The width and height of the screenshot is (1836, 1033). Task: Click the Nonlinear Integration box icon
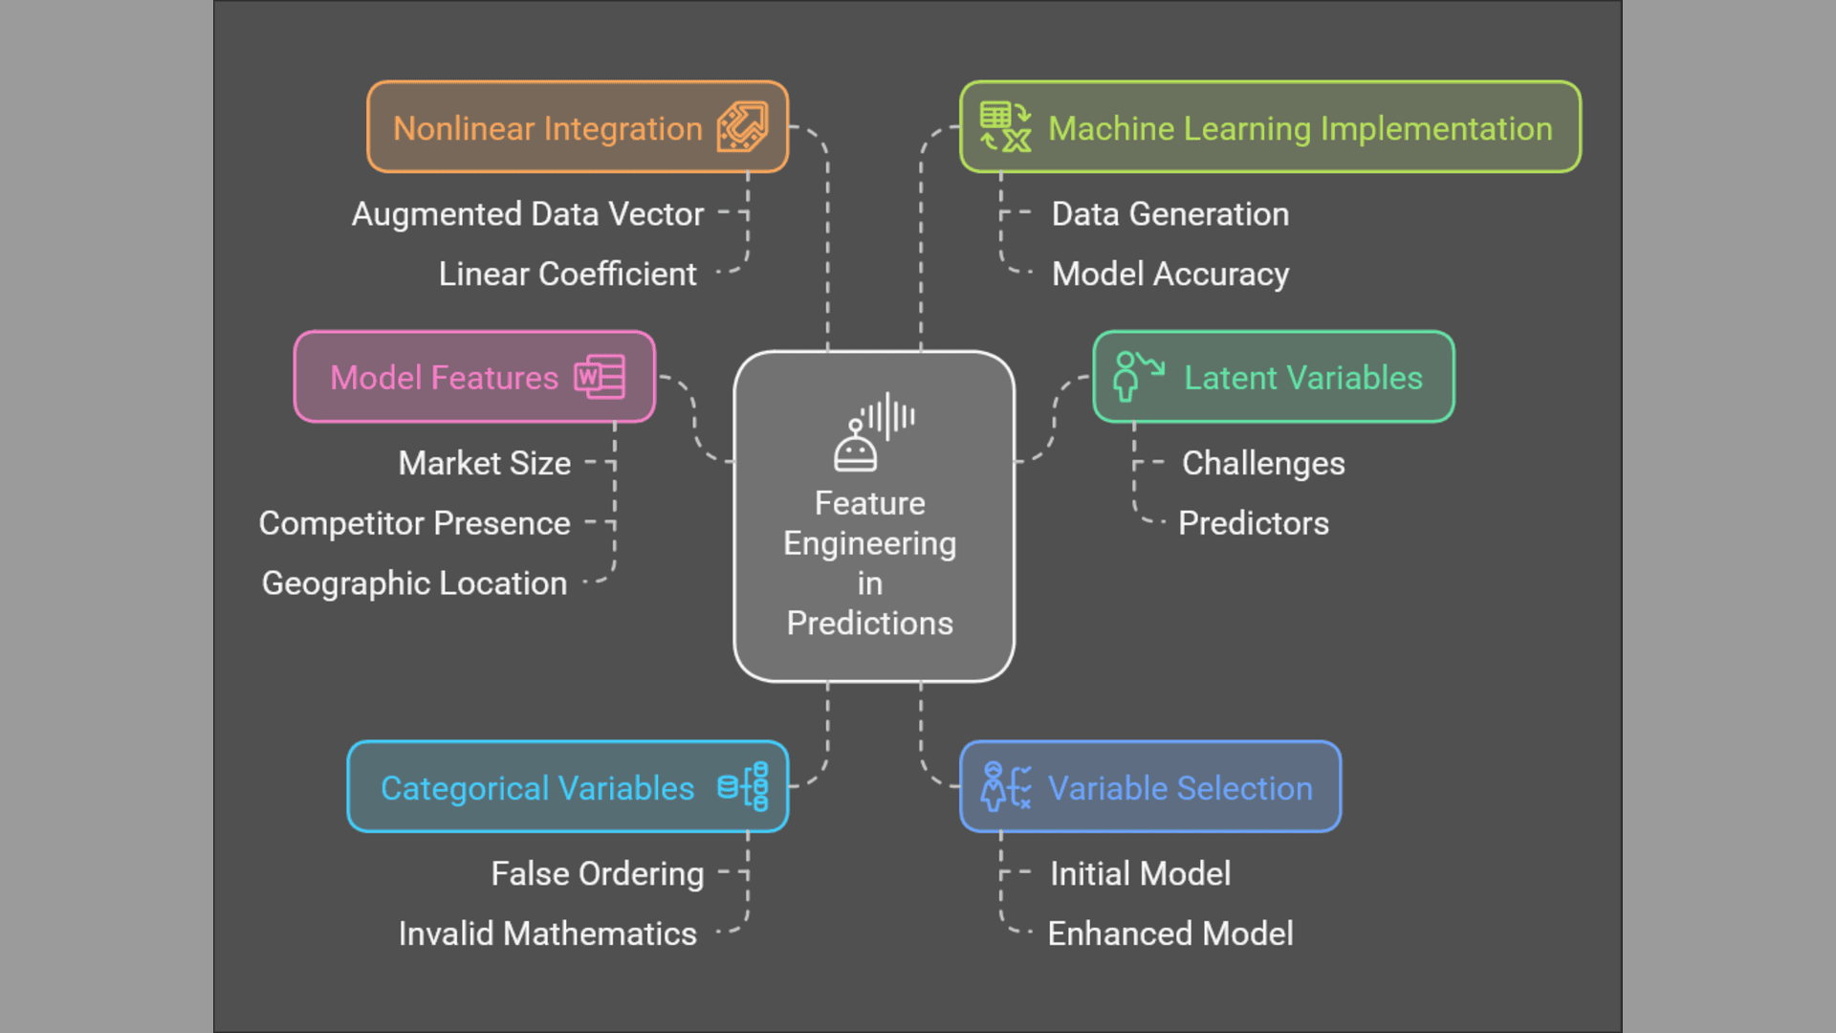(743, 127)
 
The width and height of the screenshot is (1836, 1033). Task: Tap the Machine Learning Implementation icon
(1005, 127)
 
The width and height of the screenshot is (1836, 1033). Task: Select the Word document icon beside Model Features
(600, 377)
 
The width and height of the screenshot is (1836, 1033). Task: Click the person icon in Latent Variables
(1137, 376)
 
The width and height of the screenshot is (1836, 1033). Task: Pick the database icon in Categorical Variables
(744, 786)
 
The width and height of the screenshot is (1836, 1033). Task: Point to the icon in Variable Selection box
(1005, 786)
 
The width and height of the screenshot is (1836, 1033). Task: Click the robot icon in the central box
(873, 432)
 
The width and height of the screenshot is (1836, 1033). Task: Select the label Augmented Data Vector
(528, 214)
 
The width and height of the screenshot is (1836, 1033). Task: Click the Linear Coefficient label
(567, 275)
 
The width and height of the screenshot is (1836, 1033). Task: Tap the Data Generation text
(1170, 214)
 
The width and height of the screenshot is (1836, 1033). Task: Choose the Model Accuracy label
(1170, 275)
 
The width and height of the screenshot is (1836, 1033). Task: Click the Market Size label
(485, 463)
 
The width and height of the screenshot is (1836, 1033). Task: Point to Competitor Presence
(414, 523)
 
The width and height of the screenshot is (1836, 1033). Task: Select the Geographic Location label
(414, 583)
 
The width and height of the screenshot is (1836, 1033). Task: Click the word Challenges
(1263, 463)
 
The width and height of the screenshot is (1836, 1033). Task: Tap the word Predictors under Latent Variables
(1254, 523)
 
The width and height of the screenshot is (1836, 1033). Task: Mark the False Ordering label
(598, 873)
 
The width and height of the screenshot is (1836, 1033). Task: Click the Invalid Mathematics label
(548, 934)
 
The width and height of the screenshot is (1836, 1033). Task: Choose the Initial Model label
(1141, 873)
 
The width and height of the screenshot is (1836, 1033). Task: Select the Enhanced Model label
(1170, 934)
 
